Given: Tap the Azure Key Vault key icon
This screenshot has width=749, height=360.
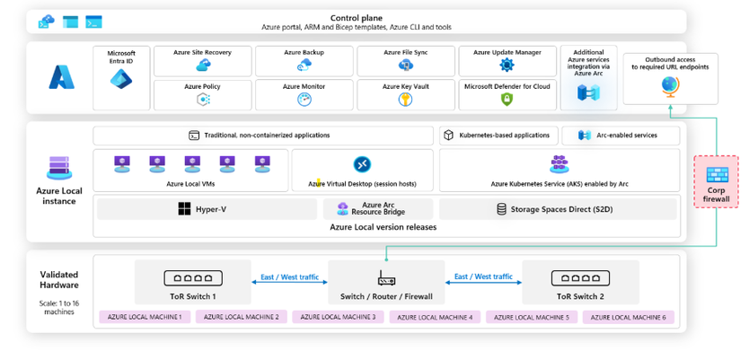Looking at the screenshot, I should [405, 99].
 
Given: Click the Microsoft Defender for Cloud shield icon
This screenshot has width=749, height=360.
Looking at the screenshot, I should [507, 99].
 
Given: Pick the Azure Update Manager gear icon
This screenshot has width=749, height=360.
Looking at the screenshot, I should [507, 65].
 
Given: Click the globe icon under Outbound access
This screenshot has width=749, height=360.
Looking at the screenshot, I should [669, 85].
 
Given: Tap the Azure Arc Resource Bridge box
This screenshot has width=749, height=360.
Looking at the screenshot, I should [377, 209].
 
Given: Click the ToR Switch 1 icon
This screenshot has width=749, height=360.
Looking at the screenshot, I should [193, 278].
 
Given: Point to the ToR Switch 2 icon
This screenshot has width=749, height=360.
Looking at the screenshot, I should [580, 278].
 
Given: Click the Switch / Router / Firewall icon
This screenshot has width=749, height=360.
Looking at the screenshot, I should [386, 278].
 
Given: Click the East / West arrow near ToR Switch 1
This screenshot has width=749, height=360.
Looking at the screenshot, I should [289, 282].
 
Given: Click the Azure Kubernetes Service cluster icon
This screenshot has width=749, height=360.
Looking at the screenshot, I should [559, 164].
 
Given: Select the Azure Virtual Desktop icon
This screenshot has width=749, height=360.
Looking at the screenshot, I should [362, 164].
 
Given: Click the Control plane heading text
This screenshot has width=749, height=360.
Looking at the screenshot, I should [357, 17].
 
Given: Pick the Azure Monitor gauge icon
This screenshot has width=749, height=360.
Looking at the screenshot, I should [304, 99].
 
